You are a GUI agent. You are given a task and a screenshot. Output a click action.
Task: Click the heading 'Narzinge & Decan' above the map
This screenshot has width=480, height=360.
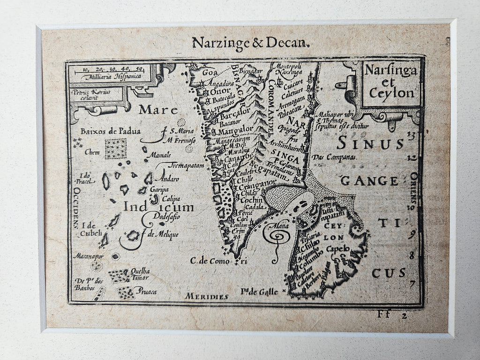tap(251, 44)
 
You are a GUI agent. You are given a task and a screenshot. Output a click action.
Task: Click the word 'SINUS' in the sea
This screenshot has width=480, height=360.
tap(370, 142)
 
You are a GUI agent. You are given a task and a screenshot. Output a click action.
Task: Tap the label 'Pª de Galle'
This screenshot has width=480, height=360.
tap(259, 292)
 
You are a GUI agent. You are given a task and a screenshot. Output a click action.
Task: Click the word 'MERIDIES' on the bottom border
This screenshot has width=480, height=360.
tap(206, 296)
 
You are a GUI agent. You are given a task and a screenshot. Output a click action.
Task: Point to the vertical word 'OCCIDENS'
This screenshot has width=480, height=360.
tap(76, 207)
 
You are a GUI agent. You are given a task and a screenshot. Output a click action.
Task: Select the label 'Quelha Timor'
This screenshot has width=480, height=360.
tap(140, 274)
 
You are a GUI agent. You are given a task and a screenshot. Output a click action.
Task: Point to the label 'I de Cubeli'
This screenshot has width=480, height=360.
tap(91, 229)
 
